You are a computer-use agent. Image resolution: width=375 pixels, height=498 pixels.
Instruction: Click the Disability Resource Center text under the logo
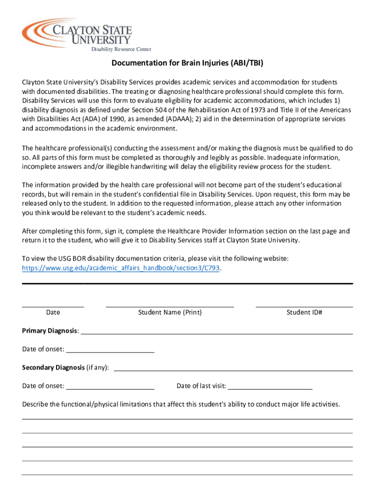[121, 49]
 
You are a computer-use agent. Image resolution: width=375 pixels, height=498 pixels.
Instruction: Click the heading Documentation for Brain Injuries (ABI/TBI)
[187, 64]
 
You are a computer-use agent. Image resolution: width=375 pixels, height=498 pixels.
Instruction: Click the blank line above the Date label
[53, 306]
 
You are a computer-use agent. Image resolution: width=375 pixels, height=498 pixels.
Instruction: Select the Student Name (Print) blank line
[169, 306]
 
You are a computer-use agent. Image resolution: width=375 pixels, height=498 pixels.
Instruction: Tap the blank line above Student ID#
[304, 306]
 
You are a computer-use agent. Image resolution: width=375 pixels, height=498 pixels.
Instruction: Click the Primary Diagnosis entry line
[216, 334]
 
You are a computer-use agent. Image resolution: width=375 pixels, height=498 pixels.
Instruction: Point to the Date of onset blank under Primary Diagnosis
[110, 352]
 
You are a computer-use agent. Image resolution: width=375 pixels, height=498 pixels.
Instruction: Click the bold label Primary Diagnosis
[49, 331]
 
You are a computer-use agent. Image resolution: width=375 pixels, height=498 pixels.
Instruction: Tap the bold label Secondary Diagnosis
[53, 368]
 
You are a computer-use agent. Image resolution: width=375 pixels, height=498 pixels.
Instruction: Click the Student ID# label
[304, 313]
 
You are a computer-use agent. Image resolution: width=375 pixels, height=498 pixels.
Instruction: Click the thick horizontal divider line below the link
[187, 283]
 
